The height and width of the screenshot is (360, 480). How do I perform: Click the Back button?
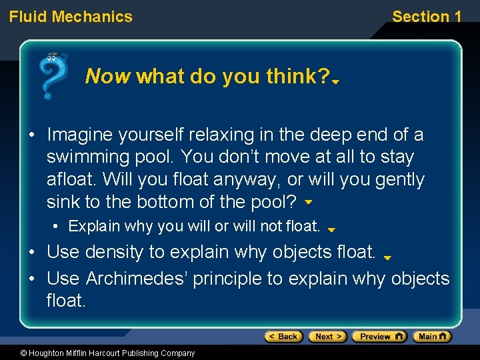pyautogui.click(x=283, y=337)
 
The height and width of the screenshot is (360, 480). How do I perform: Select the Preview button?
pyautogui.click(x=379, y=337)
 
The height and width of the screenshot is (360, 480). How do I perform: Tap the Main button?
pyautogui.click(x=431, y=337)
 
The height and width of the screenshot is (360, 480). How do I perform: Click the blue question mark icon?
pyautogui.click(x=53, y=75)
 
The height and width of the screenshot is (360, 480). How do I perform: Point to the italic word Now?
pyautogui.click(x=108, y=77)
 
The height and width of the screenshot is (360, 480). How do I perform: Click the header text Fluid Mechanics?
pyautogui.click(x=71, y=17)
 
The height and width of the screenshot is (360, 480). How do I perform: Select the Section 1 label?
pyautogui.click(x=426, y=17)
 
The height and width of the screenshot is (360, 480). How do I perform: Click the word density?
pyautogui.click(x=115, y=252)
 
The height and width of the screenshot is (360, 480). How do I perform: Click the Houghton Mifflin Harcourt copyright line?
pyautogui.click(x=98, y=353)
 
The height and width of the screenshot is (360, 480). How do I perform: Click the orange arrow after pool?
pyautogui.click(x=308, y=201)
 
